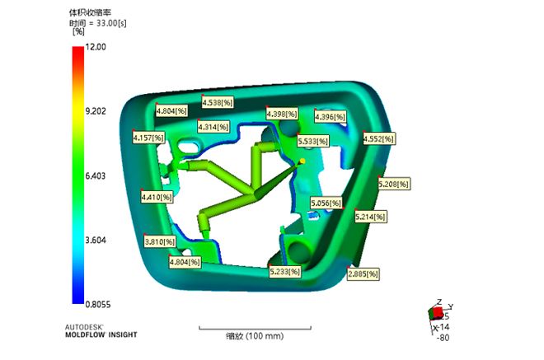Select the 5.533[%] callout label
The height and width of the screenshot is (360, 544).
(312, 142)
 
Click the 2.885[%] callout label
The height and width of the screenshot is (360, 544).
(363, 273)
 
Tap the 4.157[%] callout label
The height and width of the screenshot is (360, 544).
(148, 138)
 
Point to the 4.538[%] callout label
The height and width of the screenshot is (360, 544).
(217, 103)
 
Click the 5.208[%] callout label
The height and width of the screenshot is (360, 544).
(393, 185)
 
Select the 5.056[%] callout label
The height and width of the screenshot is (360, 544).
(326, 202)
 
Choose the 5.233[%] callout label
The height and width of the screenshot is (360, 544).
(285, 270)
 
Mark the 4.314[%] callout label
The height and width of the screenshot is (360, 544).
(213, 127)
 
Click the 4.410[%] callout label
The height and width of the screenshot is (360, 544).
(157, 198)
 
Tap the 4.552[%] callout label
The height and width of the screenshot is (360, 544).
(378, 139)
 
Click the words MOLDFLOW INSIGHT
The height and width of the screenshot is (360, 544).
(101, 334)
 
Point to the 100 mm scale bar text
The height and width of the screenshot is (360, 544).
(255, 336)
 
